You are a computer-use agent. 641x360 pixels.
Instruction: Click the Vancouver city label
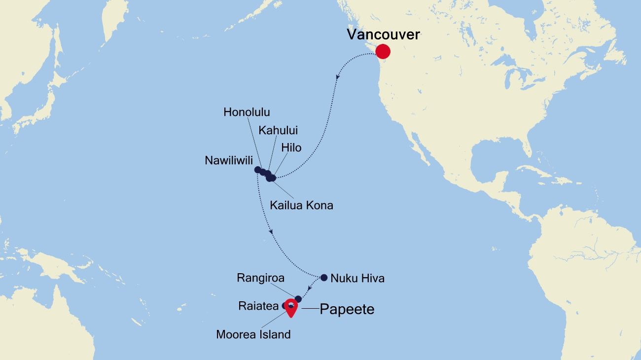383,35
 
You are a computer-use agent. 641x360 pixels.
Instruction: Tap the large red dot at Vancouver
383,51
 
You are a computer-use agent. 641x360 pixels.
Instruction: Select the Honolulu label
247,112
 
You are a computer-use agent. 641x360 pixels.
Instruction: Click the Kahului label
278,130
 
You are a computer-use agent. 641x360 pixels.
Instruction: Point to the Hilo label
291,147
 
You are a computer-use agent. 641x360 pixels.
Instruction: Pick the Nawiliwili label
229,160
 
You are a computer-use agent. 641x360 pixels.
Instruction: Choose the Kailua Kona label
301,205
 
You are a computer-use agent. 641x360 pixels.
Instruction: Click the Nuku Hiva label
357,278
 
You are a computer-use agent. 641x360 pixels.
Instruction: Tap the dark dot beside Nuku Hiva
324,278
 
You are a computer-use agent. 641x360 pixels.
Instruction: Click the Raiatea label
258,306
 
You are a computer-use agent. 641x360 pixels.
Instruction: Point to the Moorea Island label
253,334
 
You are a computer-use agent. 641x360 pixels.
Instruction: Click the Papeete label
347,309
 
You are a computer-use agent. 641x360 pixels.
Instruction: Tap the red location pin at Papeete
291,307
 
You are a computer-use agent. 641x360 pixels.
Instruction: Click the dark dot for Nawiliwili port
257,170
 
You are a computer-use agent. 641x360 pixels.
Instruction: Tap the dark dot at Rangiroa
298,299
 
